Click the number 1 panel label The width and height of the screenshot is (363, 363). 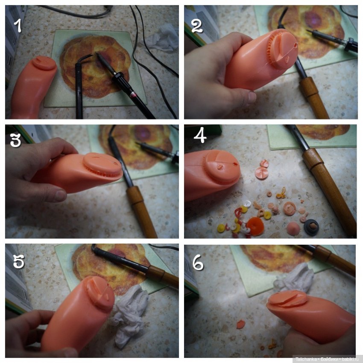(18, 26)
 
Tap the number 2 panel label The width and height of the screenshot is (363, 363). (197, 26)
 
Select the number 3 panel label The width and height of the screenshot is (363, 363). (15, 141)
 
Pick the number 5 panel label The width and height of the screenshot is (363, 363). (18, 261)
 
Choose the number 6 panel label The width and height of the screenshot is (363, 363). (198, 263)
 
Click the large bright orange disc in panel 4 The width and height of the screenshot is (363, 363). (255, 226)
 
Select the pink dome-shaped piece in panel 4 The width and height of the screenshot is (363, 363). (293, 229)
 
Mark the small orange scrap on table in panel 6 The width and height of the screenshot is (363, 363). (240, 324)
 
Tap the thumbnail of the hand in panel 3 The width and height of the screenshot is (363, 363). (60, 195)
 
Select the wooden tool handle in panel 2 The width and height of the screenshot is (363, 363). (314, 98)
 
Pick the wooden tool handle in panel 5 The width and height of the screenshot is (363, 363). (162, 277)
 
